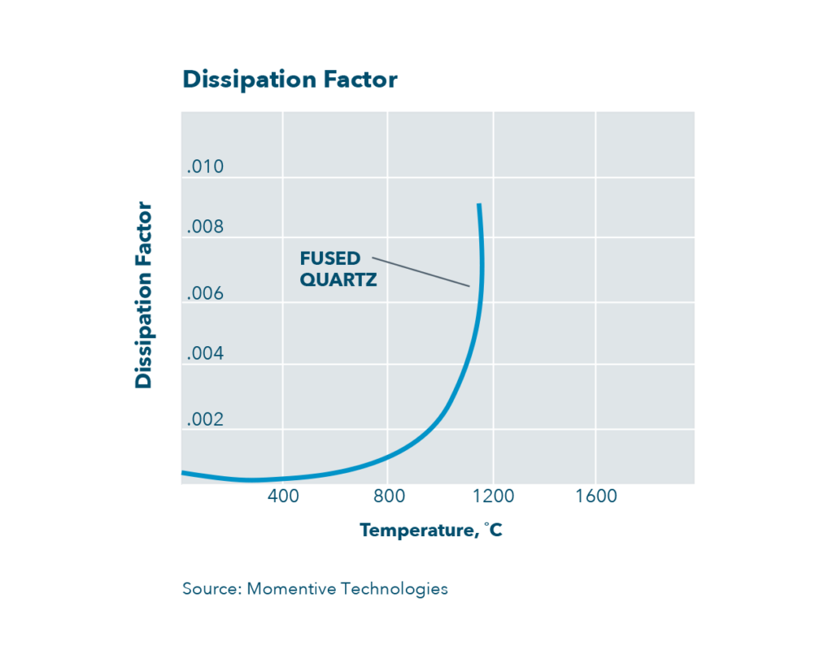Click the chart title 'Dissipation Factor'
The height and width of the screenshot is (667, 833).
tap(290, 80)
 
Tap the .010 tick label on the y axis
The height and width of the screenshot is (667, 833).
tap(205, 167)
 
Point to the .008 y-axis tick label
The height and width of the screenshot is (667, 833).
tap(205, 227)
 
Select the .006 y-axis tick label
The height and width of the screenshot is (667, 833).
tap(205, 294)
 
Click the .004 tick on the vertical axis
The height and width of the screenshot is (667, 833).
tap(205, 354)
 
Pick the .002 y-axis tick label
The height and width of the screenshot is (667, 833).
tap(205, 420)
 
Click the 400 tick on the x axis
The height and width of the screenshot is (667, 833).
tap(283, 496)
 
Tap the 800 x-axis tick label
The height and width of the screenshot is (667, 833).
tap(388, 496)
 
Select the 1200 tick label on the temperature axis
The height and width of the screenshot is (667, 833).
tap(493, 496)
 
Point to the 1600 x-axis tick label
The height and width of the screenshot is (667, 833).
tap(596, 496)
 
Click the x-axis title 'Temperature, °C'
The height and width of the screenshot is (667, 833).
tap(431, 531)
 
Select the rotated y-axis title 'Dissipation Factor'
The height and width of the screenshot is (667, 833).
tap(144, 294)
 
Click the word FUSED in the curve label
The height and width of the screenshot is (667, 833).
tap(329, 259)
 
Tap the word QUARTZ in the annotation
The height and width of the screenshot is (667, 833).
tap(338, 279)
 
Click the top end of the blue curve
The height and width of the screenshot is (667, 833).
tap(479, 206)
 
